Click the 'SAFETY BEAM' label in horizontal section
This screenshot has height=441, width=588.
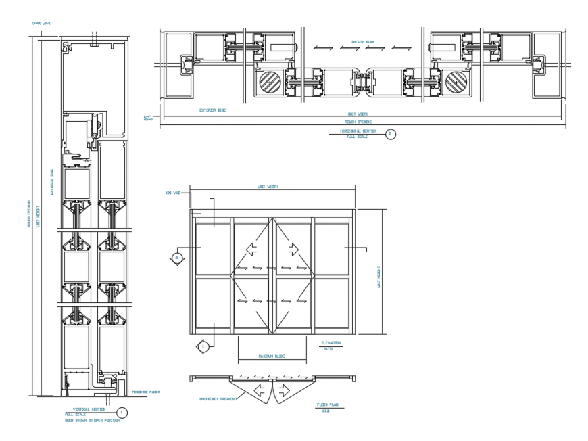(362, 41)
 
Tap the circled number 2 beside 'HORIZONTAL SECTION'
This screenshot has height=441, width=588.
(390, 134)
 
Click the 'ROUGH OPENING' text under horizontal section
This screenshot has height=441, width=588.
(362, 122)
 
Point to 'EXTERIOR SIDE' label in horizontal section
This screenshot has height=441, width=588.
(212, 109)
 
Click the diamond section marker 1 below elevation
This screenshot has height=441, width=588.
(203, 346)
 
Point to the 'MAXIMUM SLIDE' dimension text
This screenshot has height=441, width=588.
(271, 356)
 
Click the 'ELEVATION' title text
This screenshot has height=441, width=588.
(331, 343)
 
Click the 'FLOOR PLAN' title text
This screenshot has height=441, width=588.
(326, 404)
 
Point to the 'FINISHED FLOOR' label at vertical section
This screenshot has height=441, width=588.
(145, 391)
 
